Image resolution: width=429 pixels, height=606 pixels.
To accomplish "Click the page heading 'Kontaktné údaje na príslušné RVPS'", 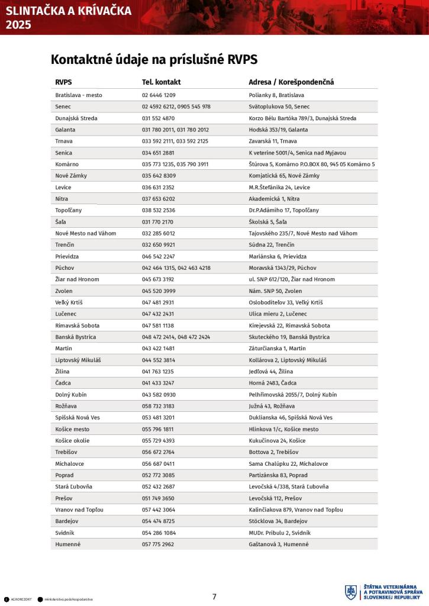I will coord(154,60).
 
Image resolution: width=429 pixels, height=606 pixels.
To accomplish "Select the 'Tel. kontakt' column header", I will coord(161,82).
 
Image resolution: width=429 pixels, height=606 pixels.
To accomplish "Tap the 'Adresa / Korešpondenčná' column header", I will coord(291,82).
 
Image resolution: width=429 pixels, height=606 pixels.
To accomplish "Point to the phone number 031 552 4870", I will coord(158,118).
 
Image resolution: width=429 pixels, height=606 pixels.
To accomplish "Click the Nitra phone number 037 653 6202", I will coord(158,199).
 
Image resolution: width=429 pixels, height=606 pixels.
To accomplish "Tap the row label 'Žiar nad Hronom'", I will coord(77,279).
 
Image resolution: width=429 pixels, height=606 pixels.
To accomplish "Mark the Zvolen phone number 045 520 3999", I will coord(158,291).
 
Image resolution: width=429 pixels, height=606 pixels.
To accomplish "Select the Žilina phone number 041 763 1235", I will coord(158,371).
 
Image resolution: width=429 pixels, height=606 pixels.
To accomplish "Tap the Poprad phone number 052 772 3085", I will coord(158,475).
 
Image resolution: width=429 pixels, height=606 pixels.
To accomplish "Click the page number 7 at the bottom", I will coord(214,597).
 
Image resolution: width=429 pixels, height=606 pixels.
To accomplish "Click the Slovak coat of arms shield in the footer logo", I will coord(351,592).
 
